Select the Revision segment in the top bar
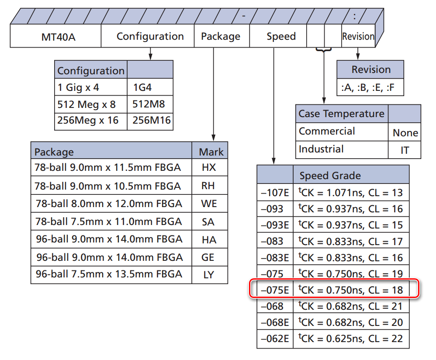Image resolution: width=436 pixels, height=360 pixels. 358,37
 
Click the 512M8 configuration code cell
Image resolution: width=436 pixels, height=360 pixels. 149,104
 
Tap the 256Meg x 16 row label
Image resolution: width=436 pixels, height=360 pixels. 88,120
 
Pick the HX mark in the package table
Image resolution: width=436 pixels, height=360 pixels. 209,167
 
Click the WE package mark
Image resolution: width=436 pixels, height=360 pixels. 209,204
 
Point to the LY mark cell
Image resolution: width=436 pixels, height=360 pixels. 209,275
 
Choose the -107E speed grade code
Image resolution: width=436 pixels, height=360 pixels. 274,193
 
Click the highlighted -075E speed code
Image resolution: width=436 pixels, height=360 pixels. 275,290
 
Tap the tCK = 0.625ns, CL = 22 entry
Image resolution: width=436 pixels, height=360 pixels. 350,339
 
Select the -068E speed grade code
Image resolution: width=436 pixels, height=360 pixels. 275,322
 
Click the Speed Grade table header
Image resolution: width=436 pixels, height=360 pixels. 330,176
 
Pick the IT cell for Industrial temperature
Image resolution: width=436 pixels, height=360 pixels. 405,150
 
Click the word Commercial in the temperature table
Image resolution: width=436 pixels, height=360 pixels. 327,131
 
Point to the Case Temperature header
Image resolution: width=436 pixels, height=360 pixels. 341,114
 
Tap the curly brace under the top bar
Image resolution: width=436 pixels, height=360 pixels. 324,51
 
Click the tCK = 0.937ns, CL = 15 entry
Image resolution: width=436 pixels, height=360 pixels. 350,225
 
